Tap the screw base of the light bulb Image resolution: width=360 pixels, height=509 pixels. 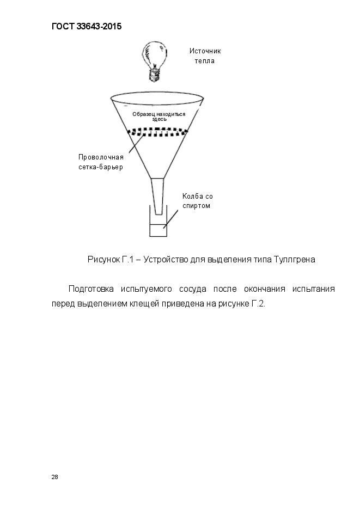pos(155,75)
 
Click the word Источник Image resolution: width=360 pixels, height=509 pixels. pos(205,51)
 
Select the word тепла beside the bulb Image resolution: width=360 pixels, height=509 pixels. pos(205,61)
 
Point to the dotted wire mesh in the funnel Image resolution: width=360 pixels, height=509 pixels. pos(158,132)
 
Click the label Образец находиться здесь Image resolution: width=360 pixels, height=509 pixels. pos(158,116)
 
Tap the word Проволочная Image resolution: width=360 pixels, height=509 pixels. pos(101,157)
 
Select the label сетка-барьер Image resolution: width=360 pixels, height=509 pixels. pos(101,168)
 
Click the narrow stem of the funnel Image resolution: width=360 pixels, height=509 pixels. pos(158,197)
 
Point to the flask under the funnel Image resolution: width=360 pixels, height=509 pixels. pos(158,220)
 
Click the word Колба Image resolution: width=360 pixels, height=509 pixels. pos(193,197)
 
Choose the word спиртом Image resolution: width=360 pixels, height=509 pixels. pos(196,206)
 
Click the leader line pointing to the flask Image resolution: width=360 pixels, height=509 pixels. pos(171,218)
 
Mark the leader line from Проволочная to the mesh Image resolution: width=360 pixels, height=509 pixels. pos(136,144)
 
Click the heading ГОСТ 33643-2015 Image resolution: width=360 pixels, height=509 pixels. pos(87,26)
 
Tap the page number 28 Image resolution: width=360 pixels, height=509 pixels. pos(54,477)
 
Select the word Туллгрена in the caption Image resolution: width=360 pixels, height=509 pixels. pos(295,260)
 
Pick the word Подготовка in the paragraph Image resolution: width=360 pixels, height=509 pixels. pos(91,289)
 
